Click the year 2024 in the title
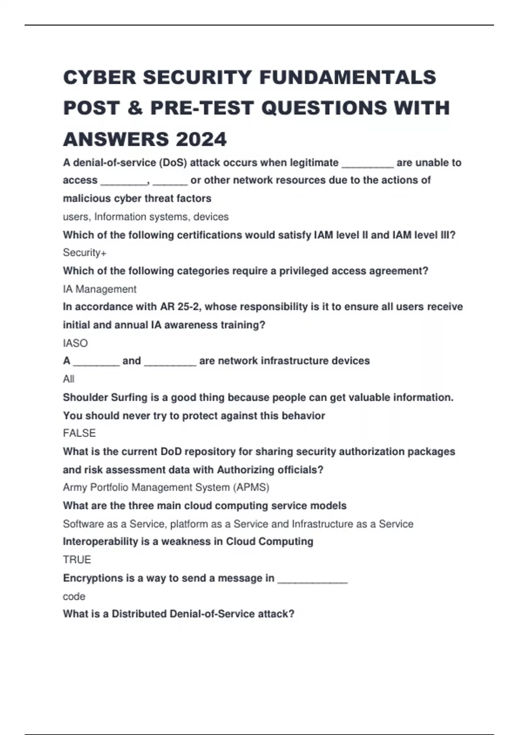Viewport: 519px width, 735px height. pyautogui.click(x=201, y=139)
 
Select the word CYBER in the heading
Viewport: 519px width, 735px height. pyautogui.click(x=100, y=78)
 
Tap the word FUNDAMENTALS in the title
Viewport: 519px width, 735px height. pyautogui.click(x=348, y=78)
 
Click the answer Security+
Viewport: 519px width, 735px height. pyautogui.click(x=85, y=252)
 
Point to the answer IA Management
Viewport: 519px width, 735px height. pyautogui.click(x=99, y=289)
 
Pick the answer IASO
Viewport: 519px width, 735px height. pyautogui.click(x=75, y=343)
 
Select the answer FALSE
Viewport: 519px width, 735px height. pyautogui.click(x=79, y=433)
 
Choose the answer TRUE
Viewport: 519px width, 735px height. pyautogui.click(x=77, y=560)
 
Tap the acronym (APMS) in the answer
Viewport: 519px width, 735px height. pyautogui.click(x=251, y=488)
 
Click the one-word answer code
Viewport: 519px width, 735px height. pyautogui.click(x=74, y=597)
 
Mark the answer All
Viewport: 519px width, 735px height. pyautogui.click(x=69, y=379)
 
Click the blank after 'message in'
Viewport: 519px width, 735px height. pyautogui.click(x=312, y=580)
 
